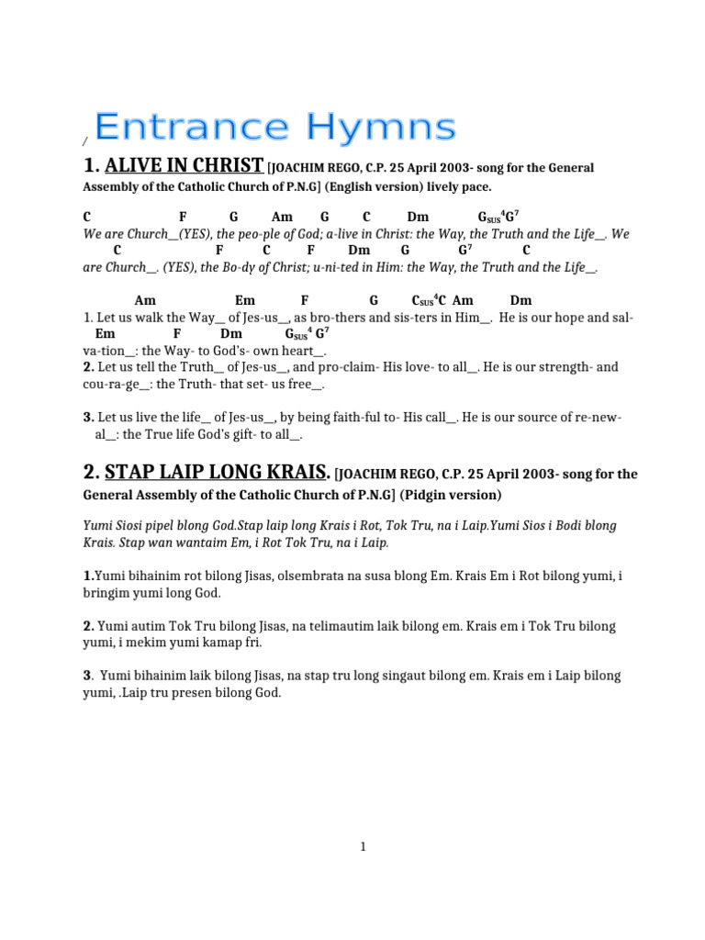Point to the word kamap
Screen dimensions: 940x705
click(x=209, y=643)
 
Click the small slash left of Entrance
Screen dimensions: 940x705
click(x=84, y=140)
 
